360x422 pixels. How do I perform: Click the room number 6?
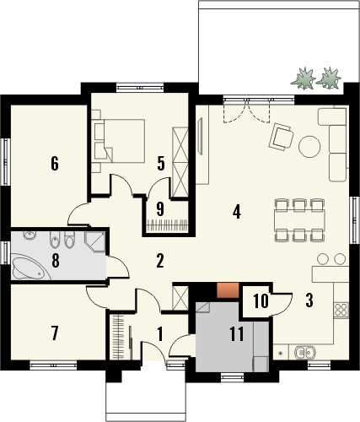coord(54,163)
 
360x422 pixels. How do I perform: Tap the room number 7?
coord(55,333)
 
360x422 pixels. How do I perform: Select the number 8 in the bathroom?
coord(56,261)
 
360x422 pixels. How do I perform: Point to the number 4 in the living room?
coord(237,212)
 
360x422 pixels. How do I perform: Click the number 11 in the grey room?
coord(235,333)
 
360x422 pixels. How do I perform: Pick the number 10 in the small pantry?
coord(261,300)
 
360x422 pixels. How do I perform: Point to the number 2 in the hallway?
coord(159,261)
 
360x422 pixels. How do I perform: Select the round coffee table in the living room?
coord(309,146)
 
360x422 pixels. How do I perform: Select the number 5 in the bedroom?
coord(160,163)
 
